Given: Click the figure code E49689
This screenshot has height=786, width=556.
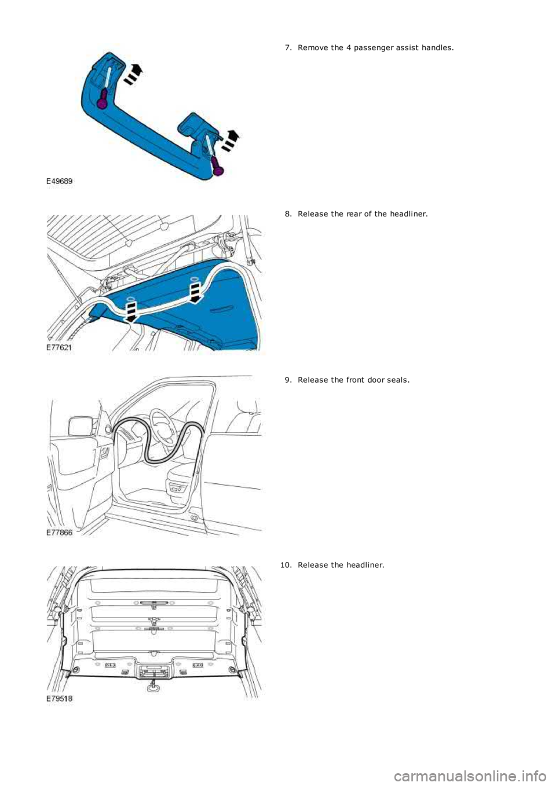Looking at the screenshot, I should pos(60,181).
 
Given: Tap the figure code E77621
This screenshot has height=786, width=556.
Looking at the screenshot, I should pos(60,347).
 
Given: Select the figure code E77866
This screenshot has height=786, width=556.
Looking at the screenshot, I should pos(60,532).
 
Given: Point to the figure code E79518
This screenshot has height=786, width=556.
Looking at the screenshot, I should pos(60,699).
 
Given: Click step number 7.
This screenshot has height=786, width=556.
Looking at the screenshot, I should pos(288,47).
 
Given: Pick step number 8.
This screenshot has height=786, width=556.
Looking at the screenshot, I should pos(288,214).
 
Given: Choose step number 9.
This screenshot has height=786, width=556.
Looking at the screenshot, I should pos(288,380).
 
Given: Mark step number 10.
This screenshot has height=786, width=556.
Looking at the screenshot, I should pos(286,565).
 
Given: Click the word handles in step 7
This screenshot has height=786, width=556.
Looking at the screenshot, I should pos(438,47).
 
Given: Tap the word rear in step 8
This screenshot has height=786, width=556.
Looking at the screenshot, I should pos(354,214).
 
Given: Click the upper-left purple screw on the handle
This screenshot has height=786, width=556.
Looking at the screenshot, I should pos(102,102).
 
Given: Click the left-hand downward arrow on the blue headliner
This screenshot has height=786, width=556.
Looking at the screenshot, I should pos(131,311).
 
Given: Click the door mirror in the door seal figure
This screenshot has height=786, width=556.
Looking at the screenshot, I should pos(80,427).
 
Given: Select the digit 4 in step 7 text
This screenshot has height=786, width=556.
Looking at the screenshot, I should pos(348,47).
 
